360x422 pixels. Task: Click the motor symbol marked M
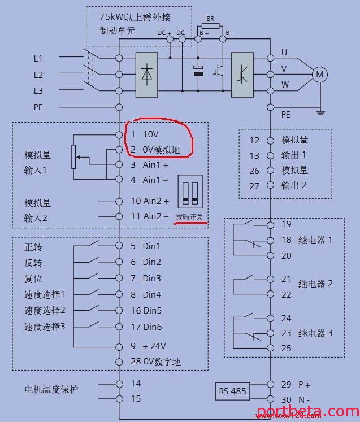(x=320, y=74)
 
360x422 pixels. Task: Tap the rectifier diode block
(x=147, y=74)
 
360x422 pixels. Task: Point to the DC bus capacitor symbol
(x=198, y=71)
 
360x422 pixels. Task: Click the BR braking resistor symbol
(x=210, y=26)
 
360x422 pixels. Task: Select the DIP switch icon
(x=189, y=193)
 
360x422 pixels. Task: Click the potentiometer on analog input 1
(x=73, y=157)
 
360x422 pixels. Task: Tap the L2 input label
(x=38, y=75)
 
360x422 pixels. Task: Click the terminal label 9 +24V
(x=146, y=346)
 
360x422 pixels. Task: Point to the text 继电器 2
(x=315, y=284)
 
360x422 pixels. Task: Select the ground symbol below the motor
(x=320, y=112)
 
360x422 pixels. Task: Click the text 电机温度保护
(x=51, y=390)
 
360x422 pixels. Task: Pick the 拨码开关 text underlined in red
(x=189, y=217)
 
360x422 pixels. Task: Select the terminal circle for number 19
(x=270, y=224)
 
